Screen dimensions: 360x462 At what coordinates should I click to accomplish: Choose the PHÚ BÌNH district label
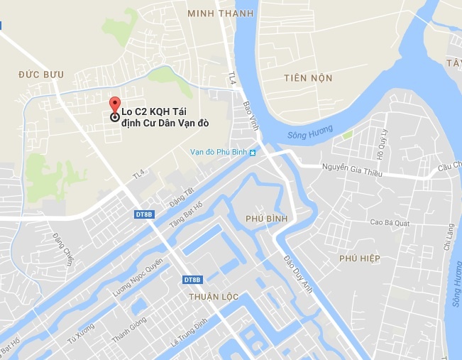[265, 219]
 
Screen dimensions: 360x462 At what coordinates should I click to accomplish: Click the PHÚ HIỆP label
[360, 258]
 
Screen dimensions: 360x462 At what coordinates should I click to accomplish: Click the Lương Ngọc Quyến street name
[138, 277]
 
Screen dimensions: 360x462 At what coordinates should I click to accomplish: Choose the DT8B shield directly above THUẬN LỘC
[192, 280]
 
